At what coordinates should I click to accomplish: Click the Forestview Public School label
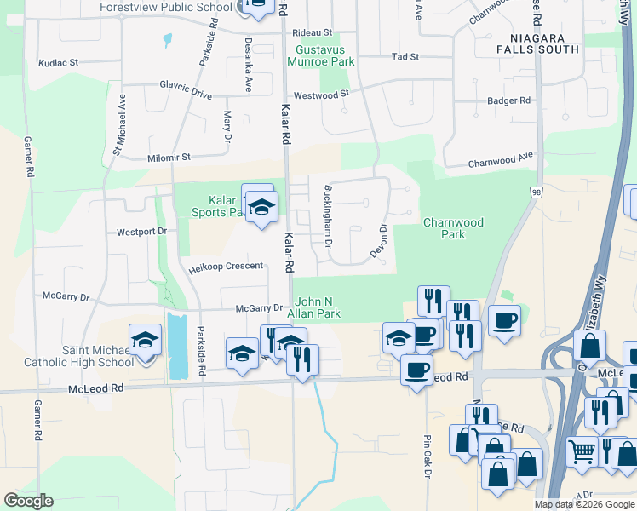[x=165, y=7]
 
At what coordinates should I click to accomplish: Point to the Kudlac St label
[x=58, y=63]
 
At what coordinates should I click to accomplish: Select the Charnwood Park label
[x=453, y=228]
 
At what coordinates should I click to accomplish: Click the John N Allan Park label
[x=318, y=308]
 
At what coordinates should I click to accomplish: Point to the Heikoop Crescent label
[x=226, y=267]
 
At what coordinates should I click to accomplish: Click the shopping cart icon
[x=582, y=452]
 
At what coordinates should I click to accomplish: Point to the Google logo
[x=28, y=501]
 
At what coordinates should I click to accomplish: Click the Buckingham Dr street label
[x=326, y=215]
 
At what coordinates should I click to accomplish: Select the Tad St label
[x=405, y=57]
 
